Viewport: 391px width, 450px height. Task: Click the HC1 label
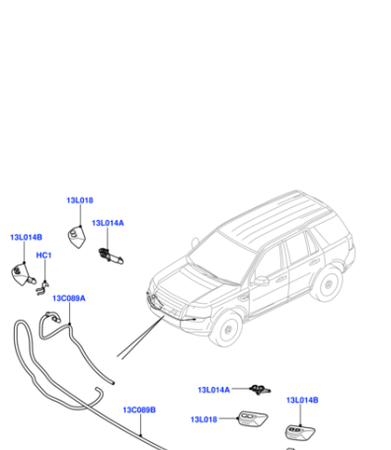point(43,256)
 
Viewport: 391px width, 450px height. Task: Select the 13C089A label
point(69,298)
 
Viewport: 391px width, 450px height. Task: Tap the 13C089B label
point(139,410)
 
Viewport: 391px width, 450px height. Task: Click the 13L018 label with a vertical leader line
point(80,200)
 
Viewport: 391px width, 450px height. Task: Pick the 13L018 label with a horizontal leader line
point(203,419)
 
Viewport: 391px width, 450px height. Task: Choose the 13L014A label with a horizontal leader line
point(213,390)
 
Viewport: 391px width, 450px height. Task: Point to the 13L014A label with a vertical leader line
point(108,223)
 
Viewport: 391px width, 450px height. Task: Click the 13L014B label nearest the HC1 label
point(27,237)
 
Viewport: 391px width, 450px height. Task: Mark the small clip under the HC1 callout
point(42,288)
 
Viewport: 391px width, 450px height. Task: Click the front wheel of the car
point(226,329)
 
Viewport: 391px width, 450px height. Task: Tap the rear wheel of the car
point(327,283)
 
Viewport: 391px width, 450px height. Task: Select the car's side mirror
point(262,280)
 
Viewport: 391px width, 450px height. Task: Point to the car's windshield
point(220,258)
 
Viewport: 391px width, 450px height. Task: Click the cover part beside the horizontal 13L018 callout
point(253,418)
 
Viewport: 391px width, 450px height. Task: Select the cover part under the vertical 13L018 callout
point(77,237)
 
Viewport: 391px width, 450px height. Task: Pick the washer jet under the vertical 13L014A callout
point(111,256)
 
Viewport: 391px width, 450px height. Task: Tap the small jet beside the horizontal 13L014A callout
point(260,390)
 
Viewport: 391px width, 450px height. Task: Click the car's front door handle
point(280,279)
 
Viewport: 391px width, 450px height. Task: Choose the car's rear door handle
point(314,262)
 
